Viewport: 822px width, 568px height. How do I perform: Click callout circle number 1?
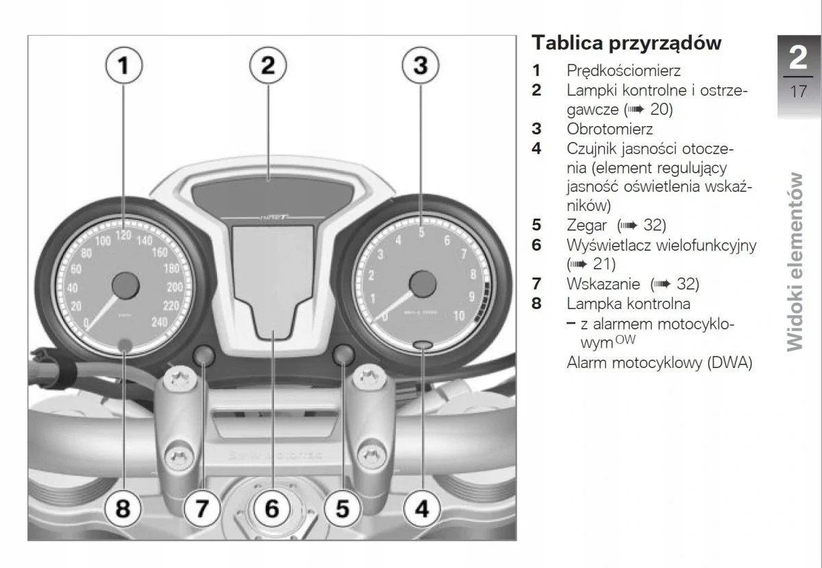coord(123,65)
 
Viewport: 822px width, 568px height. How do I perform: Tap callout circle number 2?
coord(268,65)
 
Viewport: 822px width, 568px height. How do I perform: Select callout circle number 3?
coord(421,65)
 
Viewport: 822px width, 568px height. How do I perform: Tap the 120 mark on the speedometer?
coord(123,235)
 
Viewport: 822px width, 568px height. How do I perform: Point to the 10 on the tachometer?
coord(460,316)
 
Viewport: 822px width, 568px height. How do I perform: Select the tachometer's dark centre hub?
coord(423,283)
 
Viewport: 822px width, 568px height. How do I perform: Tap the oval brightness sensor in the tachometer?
coord(423,345)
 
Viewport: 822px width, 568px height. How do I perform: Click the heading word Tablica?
coord(565,42)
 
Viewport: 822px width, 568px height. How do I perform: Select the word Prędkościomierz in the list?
coord(623,70)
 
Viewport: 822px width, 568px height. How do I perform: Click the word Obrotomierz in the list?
coord(610,128)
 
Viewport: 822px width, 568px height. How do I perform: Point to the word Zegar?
coord(587,225)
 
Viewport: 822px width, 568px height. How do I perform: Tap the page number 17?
coord(798,90)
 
